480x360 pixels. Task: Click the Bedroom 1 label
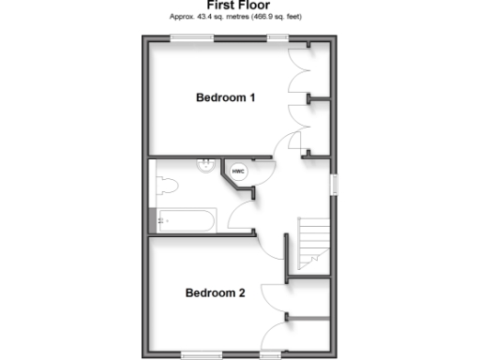click(226, 97)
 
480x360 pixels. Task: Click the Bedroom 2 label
click(215, 292)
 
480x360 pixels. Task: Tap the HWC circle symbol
click(238, 171)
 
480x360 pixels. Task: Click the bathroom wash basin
click(204, 167)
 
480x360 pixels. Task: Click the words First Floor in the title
click(239, 6)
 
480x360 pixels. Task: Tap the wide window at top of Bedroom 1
click(191, 37)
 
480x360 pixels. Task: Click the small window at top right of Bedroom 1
click(277, 37)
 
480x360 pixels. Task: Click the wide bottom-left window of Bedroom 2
click(202, 353)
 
